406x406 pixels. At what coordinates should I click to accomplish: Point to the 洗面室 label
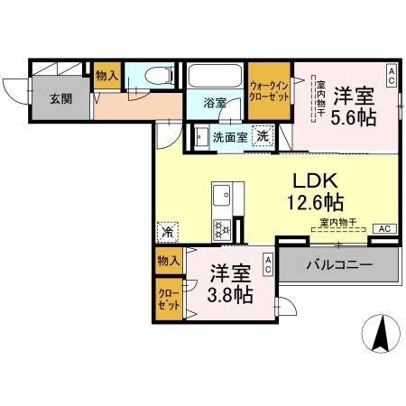pos(228,137)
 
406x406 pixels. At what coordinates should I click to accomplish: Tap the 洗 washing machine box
pos(261,136)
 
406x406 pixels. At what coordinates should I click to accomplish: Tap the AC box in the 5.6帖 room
pos(391,77)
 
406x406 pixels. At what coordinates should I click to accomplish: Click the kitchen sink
pos(222,194)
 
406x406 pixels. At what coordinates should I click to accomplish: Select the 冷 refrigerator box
pos(167,232)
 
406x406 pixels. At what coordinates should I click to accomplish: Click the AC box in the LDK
pos(383,228)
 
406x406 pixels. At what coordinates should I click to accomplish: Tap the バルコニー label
pos(338,265)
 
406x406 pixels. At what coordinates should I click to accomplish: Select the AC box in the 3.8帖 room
pos(268,263)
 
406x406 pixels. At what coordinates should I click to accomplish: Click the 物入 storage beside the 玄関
pos(106,76)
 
